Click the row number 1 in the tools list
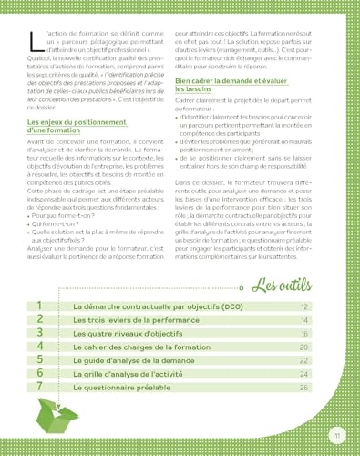pos(40,306)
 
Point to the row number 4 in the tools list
pos(40,347)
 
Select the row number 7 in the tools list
pos(40,387)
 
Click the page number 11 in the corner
pos(336,432)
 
